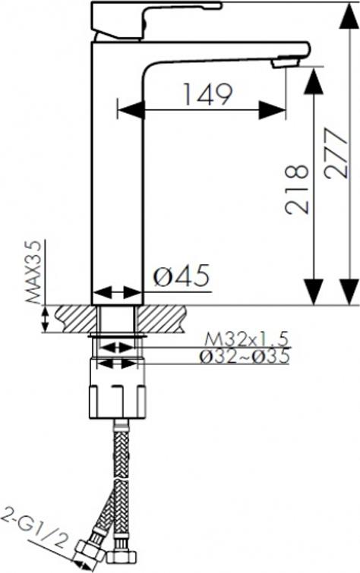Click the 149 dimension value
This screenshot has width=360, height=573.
207,94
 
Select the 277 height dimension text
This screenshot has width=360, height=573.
336,153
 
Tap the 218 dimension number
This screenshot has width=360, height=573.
297,189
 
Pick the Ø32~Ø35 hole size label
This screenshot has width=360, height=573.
245,356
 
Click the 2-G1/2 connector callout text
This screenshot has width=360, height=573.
35,528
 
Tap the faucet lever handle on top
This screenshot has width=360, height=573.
153,18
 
